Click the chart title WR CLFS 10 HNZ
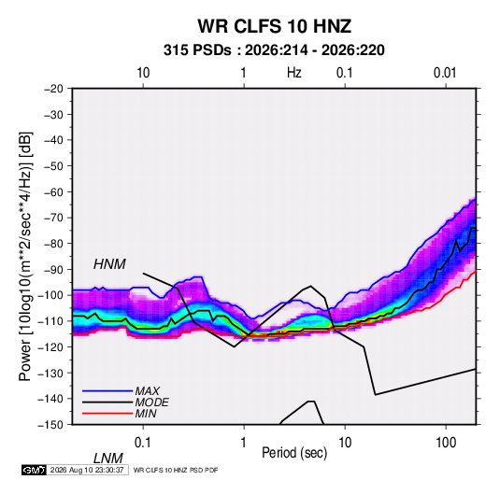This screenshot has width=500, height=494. pyautogui.click(x=274, y=26)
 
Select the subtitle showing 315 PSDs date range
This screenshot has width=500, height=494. pyautogui.click(x=274, y=50)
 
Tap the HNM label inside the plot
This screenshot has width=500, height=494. pyautogui.click(x=109, y=264)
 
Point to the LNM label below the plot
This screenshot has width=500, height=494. pyautogui.click(x=107, y=459)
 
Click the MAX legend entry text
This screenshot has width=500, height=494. pyautogui.click(x=147, y=391)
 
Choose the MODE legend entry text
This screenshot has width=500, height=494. pyautogui.click(x=151, y=402)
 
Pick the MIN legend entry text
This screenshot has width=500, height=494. pyautogui.click(x=146, y=414)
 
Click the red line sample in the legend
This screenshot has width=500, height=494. pyautogui.click(x=107, y=414)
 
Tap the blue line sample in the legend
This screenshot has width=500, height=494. pyautogui.click(x=107, y=391)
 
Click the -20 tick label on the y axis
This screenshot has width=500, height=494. pyautogui.click(x=53, y=89)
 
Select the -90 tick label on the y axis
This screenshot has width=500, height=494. pyautogui.click(x=53, y=269)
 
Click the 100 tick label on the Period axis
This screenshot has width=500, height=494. pyautogui.click(x=446, y=443)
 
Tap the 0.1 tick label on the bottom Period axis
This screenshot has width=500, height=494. pyautogui.click(x=143, y=443)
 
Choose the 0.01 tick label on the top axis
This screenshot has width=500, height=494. pyautogui.click(x=445, y=73)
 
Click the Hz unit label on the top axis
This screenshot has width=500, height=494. pyautogui.click(x=294, y=73)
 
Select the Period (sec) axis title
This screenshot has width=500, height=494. pyautogui.click(x=294, y=453)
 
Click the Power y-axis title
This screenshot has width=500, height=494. pyautogui.click(x=25, y=256)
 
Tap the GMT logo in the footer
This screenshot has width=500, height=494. pyautogui.click(x=35, y=470)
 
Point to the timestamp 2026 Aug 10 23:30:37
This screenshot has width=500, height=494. pyautogui.click(x=87, y=470)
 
